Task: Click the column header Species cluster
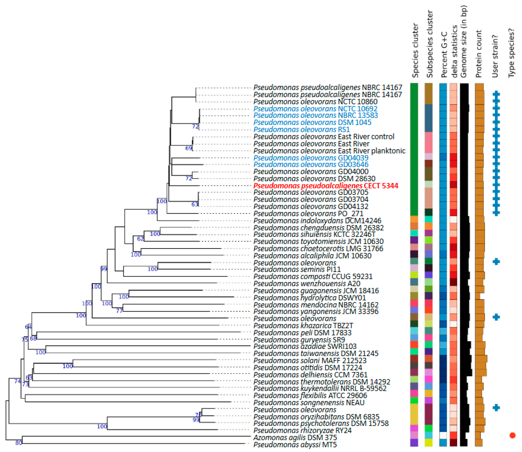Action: pyautogui.click(x=415, y=50)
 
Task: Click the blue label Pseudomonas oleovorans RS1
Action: pyautogui.click(x=302, y=129)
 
